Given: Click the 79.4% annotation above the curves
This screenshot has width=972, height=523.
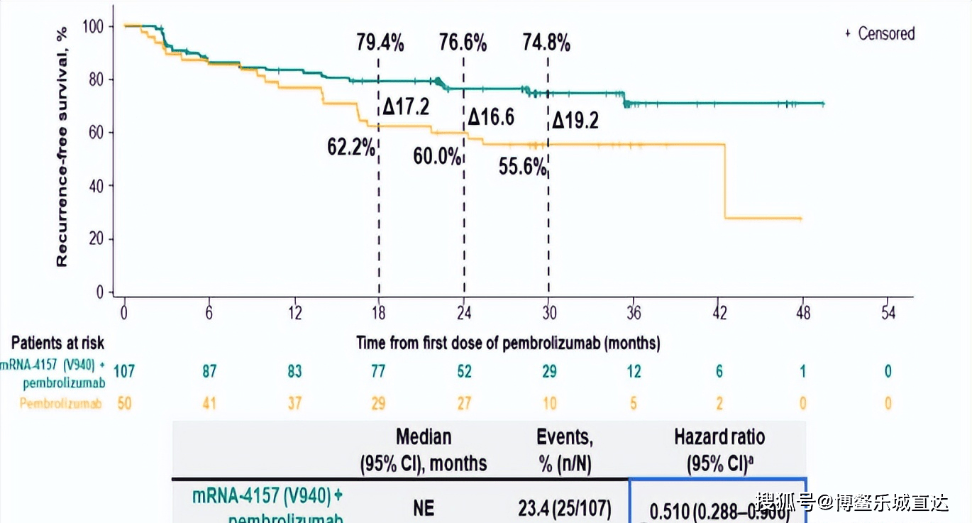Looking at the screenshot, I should (x=380, y=43).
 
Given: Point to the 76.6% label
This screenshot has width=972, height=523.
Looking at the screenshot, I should (x=463, y=43).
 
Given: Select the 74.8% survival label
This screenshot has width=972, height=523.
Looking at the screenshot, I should (x=546, y=43).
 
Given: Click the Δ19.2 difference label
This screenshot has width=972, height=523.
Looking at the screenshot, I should (x=575, y=121).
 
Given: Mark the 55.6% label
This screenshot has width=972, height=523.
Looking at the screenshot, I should (x=523, y=167).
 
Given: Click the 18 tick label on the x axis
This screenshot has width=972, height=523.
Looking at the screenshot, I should (x=378, y=314).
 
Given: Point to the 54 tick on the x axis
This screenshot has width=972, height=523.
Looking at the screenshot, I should (x=888, y=314).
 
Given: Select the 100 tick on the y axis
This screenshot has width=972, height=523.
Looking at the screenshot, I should (x=93, y=26).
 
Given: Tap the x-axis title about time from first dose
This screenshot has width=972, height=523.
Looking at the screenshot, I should (x=508, y=343).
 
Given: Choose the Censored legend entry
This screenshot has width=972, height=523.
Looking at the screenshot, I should (x=880, y=33).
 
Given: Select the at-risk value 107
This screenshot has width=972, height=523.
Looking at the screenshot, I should (x=124, y=371).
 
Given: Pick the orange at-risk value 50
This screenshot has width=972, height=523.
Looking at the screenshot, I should (x=124, y=404).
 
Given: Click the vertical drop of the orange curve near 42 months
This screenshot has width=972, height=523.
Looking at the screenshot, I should (x=725, y=181).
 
